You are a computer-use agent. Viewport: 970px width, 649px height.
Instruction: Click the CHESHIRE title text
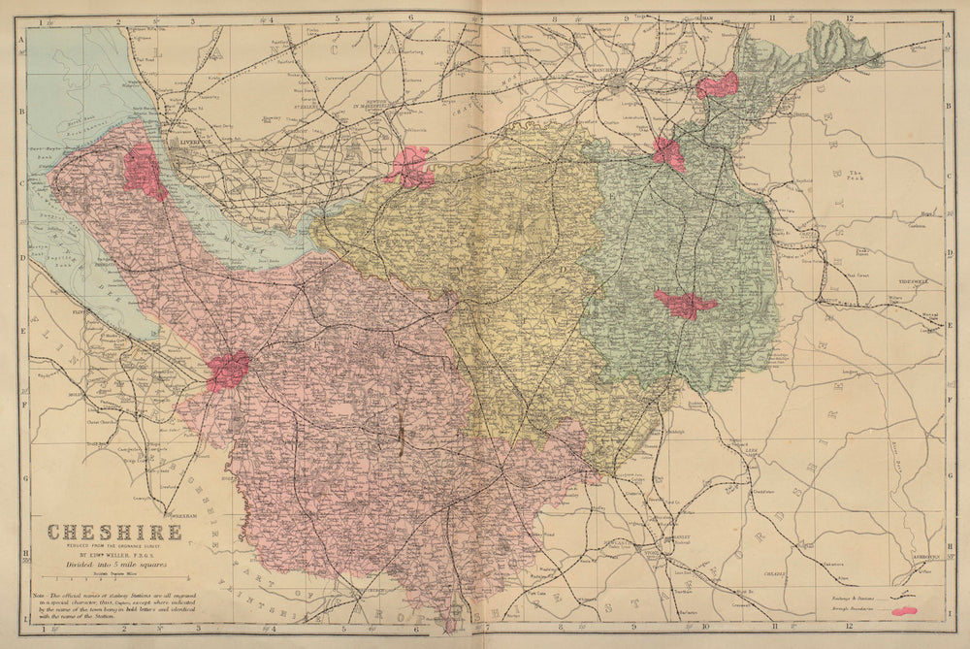tap(114, 532)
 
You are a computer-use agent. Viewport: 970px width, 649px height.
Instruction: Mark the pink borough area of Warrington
tap(410, 167)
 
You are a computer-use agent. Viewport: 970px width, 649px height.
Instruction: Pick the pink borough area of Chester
tap(228, 371)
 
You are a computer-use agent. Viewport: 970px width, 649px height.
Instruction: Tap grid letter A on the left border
tap(21, 39)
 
